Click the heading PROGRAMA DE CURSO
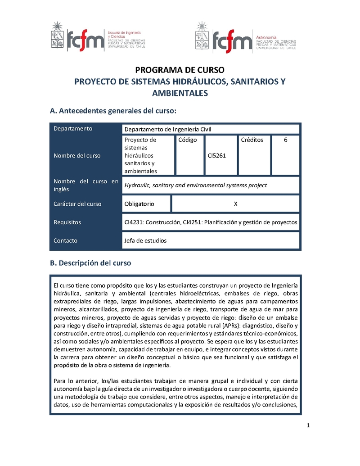tap(180, 70)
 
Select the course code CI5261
tap(216, 156)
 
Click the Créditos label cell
tap(252, 140)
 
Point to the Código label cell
tap(188, 140)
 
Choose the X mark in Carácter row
tap(235, 204)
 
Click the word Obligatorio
tap(139, 204)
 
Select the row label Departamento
tap(73, 129)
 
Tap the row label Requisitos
tap(67, 222)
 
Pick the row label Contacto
tap(65, 240)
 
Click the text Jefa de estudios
tap(145, 240)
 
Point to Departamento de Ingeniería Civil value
tap(168, 130)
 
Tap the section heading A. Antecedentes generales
tap(112, 111)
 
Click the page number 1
tap(308, 426)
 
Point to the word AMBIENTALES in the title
tap(180, 93)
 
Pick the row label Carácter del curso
tap(77, 204)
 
